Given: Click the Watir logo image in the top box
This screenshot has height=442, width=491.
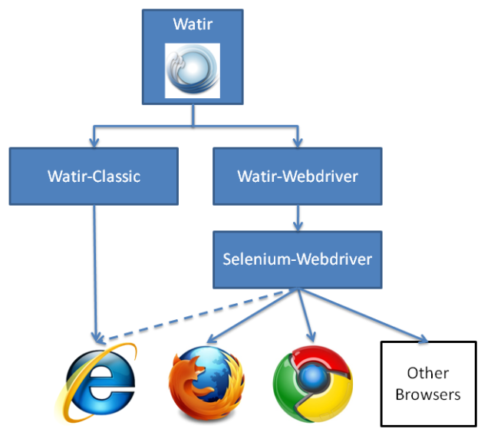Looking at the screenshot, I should [x=193, y=70].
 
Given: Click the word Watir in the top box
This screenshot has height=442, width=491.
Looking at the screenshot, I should [x=193, y=26].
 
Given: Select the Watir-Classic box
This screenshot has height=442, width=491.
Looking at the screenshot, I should [x=94, y=176].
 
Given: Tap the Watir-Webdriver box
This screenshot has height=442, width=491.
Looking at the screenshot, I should [x=297, y=176].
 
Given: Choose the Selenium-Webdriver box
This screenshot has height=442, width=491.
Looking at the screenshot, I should [x=297, y=259].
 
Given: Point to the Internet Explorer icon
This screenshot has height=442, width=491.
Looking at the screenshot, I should [x=97, y=382].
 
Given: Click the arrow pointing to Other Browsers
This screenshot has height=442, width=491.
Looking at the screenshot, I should [x=361, y=315].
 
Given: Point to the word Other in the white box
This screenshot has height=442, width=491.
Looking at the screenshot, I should [x=428, y=374].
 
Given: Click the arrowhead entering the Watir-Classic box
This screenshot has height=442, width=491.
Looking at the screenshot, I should [x=94, y=142].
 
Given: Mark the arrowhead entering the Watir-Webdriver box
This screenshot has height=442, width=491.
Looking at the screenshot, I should [x=297, y=142].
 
